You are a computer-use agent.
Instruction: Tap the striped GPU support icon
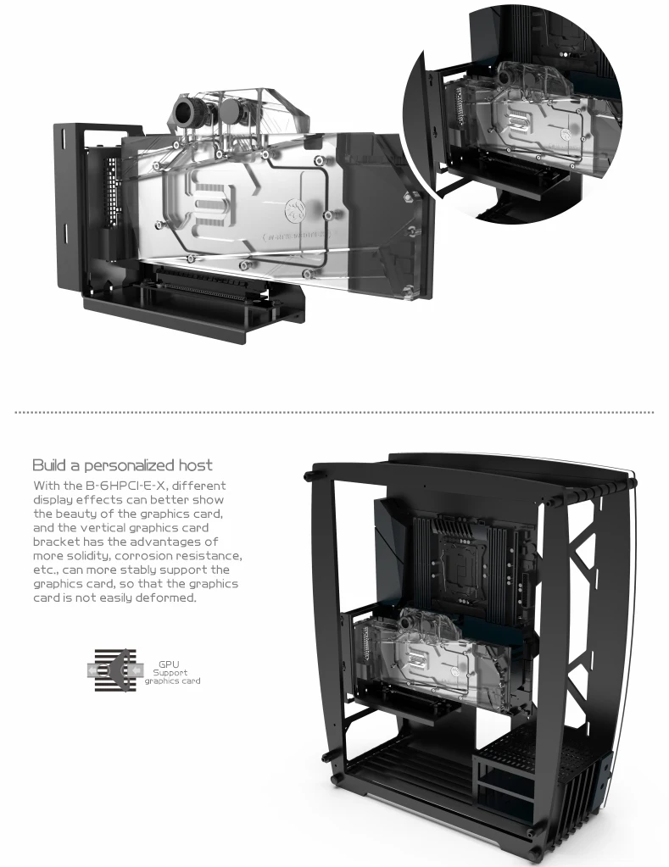(114, 670)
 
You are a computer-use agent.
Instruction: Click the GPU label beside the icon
(169, 664)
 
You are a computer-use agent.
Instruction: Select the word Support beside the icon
(170, 672)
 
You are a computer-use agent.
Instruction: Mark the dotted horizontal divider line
(334, 413)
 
